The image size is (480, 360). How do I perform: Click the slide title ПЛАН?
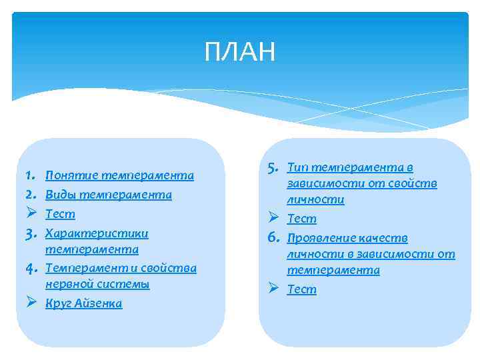[239, 52]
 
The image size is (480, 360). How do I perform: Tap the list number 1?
[29, 176]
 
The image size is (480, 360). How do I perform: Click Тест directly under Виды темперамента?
[60, 215]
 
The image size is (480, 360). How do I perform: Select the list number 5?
[272, 167]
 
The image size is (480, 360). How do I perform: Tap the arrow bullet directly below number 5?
[273, 219]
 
